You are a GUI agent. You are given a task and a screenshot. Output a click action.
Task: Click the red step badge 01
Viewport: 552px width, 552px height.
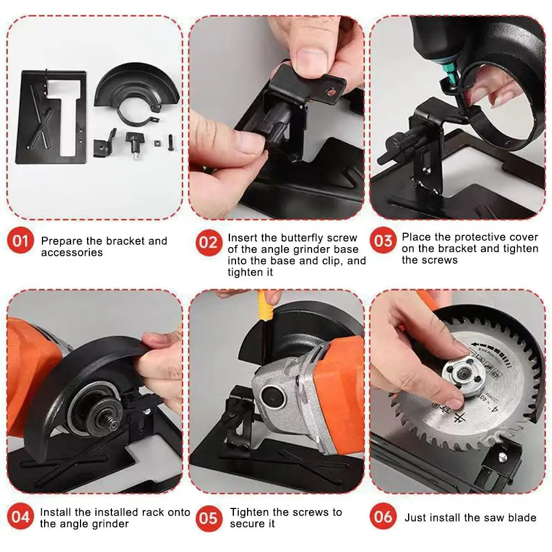click(20, 242)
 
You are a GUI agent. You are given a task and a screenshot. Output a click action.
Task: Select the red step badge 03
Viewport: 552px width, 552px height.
click(383, 242)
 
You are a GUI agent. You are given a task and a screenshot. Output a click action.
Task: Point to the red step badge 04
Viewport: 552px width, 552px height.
click(20, 517)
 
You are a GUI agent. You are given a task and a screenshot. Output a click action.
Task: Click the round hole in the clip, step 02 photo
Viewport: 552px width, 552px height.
click(331, 94)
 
